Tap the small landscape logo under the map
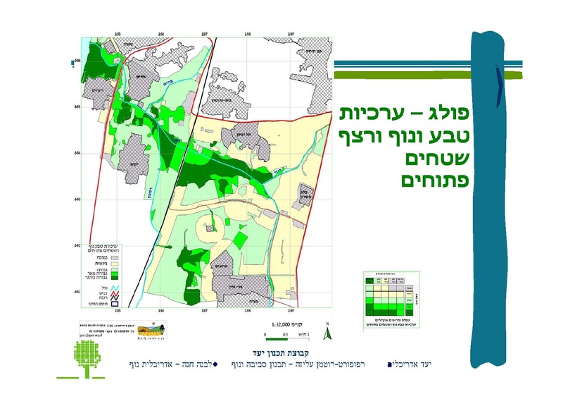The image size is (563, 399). point(154,329)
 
